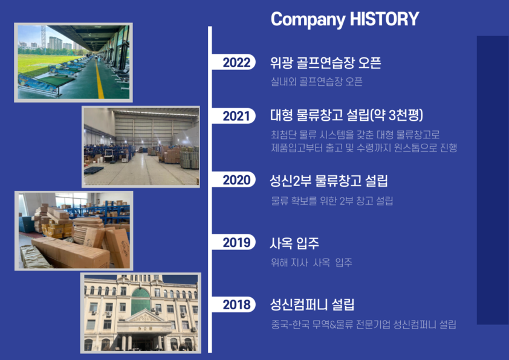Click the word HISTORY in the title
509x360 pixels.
point(384,19)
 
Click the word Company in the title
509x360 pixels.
point(308,19)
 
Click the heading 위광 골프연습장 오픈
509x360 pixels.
point(326,63)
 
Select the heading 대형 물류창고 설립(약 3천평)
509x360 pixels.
point(347,115)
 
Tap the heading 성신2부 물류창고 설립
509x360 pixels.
point(329,181)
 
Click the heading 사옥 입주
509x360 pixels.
point(294,243)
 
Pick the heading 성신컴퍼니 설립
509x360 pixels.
point(313,304)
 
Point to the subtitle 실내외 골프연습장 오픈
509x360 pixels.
point(317,82)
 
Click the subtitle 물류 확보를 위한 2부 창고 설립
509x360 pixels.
point(332,201)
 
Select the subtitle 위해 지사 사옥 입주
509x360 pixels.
point(312,262)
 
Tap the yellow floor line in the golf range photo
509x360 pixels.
point(99,78)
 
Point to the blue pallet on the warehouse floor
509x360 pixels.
point(94,170)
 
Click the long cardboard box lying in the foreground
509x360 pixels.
point(71,252)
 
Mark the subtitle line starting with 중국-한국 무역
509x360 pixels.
point(363,324)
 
